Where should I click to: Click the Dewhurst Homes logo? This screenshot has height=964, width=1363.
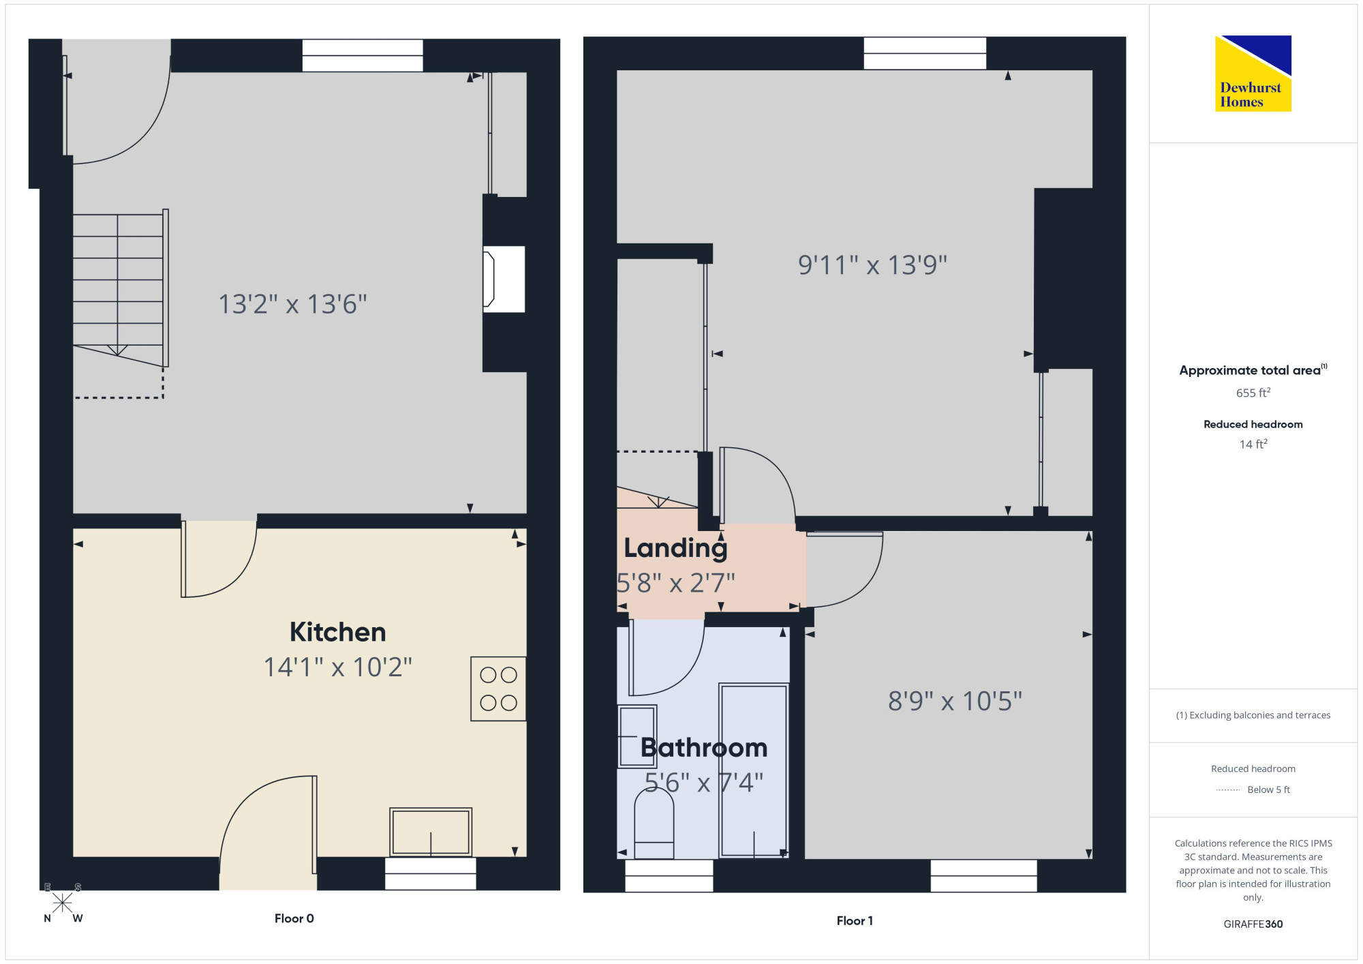point(1253,73)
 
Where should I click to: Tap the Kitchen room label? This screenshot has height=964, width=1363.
point(338,632)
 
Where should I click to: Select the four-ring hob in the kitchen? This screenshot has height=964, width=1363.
point(498,689)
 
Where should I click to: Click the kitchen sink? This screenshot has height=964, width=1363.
point(431,832)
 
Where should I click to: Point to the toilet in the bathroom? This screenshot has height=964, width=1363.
point(654,825)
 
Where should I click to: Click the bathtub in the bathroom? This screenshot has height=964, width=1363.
point(754,770)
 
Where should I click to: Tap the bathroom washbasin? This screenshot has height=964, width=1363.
point(637,736)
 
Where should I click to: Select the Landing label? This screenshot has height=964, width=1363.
point(675,547)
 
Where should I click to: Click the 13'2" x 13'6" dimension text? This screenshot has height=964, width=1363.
point(292,304)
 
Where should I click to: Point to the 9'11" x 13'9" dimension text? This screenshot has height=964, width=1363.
point(872,265)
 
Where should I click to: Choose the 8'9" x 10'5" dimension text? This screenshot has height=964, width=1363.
point(955,701)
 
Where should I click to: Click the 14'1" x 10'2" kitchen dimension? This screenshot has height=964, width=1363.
point(338,667)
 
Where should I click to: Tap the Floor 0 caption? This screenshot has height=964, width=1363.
point(294,918)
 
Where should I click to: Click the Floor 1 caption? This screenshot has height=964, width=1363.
point(855,920)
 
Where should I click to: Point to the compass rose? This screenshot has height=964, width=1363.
point(63,903)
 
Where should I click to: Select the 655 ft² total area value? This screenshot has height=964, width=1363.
point(1253,393)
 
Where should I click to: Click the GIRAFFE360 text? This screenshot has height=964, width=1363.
point(1253,924)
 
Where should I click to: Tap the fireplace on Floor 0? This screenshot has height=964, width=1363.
point(504,280)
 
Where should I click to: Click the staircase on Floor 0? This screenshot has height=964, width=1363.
point(121,288)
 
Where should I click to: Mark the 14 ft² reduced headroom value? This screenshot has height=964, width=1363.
point(1253,444)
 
